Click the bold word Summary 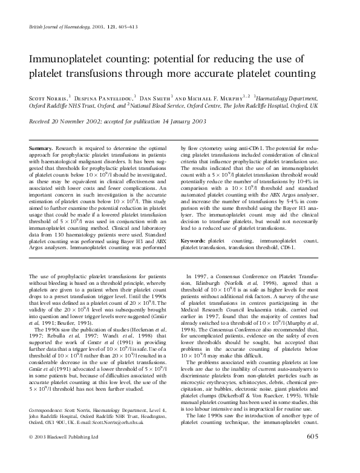(41, 148)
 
